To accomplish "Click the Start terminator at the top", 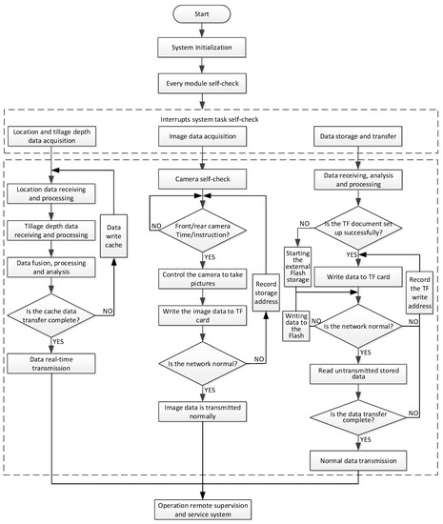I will click(221, 14).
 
